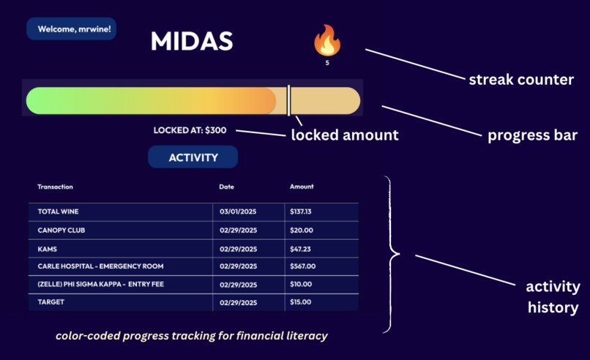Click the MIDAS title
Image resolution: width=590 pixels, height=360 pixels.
pyautogui.click(x=192, y=41)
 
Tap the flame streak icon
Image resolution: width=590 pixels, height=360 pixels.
pyautogui.click(x=327, y=40)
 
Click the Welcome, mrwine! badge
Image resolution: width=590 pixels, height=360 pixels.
pyautogui.click(x=72, y=29)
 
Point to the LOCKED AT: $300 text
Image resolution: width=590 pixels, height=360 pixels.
pyautogui.click(x=190, y=130)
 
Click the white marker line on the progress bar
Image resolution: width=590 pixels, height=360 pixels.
pyautogui.click(x=289, y=100)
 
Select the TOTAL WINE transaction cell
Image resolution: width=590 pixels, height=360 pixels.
pyautogui.click(x=59, y=211)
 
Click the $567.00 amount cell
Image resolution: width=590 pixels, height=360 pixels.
pyautogui.click(x=302, y=266)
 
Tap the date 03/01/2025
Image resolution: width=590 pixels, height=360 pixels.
pyautogui.click(x=239, y=211)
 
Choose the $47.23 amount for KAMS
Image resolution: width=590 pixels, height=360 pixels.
pyautogui.click(x=301, y=248)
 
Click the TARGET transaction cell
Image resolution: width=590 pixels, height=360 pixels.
pyautogui.click(x=51, y=302)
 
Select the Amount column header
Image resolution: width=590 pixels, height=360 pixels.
pyautogui.click(x=302, y=187)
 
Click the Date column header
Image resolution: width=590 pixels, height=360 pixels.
pyautogui.click(x=226, y=187)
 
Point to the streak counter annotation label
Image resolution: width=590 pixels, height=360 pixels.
pyautogui.click(x=521, y=80)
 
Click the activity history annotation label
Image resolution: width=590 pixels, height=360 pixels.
pyautogui.click(x=553, y=296)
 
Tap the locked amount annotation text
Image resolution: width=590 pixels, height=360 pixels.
pyautogui.click(x=345, y=135)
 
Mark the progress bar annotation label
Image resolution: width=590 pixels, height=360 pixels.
pyautogui.click(x=532, y=135)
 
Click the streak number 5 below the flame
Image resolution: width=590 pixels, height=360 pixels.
pyautogui.click(x=327, y=63)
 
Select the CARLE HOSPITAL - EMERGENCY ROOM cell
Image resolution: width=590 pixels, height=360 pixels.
pyautogui.click(x=100, y=266)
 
